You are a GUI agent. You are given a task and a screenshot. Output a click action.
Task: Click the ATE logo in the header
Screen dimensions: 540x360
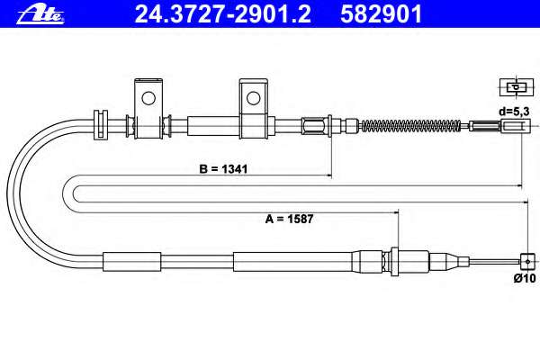(40, 15)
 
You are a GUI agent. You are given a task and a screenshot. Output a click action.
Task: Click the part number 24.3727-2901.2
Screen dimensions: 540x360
(223, 14)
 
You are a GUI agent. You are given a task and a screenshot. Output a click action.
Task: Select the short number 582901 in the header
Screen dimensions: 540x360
(381, 14)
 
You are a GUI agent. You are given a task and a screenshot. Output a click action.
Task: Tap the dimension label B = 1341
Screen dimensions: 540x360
(223, 169)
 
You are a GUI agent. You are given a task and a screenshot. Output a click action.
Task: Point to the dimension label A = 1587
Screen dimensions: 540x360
(289, 219)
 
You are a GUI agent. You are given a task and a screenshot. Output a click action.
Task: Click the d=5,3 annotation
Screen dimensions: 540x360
(514, 112)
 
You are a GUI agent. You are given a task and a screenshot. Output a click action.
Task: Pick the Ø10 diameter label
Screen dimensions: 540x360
(525, 278)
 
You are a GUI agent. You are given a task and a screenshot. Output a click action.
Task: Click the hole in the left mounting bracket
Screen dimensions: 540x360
(148, 98)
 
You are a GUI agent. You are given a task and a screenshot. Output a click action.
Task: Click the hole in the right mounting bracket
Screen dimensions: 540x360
(254, 98)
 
